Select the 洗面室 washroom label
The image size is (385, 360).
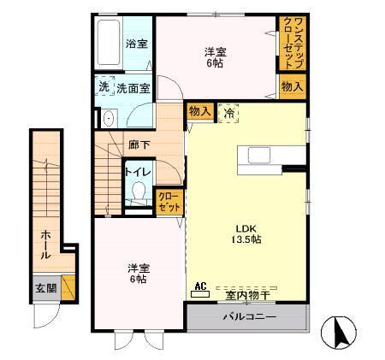[x=133, y=87]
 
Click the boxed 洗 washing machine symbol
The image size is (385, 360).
[x=104, y=86]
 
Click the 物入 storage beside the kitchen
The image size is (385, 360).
[x=199, y=111]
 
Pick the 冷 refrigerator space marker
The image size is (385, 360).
[x=228, y=111]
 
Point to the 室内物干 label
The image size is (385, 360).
[x=248, y=296]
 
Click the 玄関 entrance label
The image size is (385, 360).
[x=46, y=288]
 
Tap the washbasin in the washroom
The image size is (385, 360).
[x=108, y=118]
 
